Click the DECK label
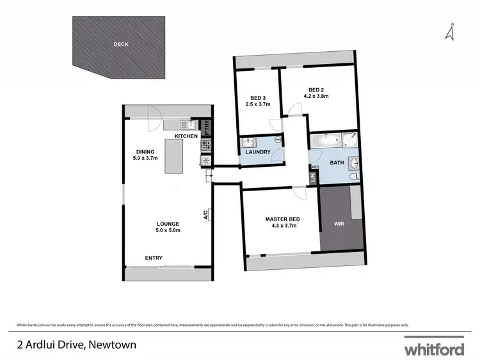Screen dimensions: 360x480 pyautogui.click(x=120, y=45)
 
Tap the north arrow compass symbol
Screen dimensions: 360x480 pyautogui.click(x=451, y=32)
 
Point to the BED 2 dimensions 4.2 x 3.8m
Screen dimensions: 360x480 pyautogui.click(x=316, y=97)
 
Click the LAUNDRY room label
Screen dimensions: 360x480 pyautogui.click(x=257, y=152)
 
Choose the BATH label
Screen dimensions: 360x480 pyautogui.click(x=337, y=162)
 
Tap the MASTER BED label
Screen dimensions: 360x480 pyautogui.click(x=283, y=219)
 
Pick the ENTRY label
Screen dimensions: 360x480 pyautogui.click(x=154, y=258)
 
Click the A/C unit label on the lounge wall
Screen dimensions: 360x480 pyautogui.click(x=206, y=215)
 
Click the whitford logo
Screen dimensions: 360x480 pyautogui.click(x=433, y=348)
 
